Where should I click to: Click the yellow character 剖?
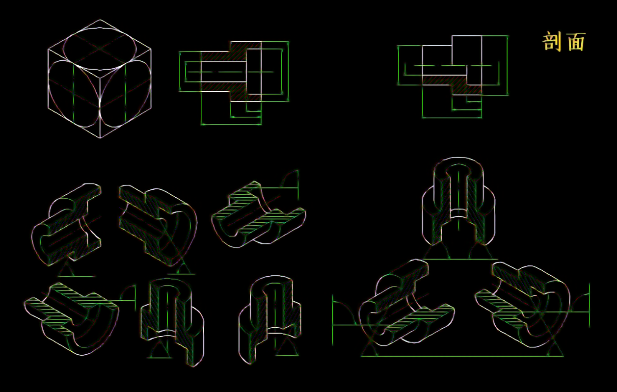[552, 42]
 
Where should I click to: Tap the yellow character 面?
[577, 42]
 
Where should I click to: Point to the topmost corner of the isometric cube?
[100, 20]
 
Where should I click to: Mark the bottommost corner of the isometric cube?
[100, 138]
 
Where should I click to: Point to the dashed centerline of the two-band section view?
[229, 72]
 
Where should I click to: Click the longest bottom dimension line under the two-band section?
[231, 125]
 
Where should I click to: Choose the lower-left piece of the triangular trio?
[405, 303]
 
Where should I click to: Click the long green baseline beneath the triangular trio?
[462, 356]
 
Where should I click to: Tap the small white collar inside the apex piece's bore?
[458, 213]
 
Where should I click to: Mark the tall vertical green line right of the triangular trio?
[589, 305]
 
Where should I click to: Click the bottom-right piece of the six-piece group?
[270, 319]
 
